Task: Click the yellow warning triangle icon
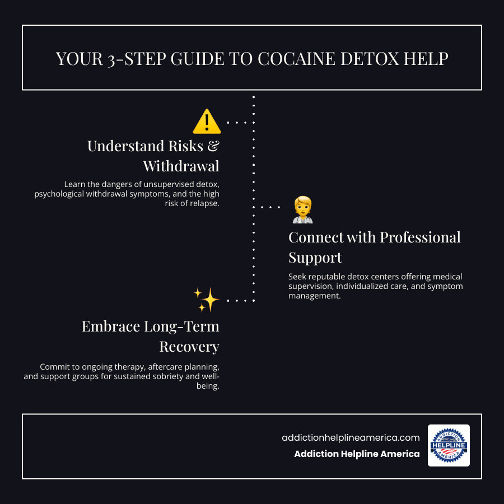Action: tap(206, 122)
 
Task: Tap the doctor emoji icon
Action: tap(302, 209)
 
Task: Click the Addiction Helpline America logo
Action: tap(449, 445)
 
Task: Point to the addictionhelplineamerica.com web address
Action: tap(351, 438)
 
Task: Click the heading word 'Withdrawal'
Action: tap(181, 166)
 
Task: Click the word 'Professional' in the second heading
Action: tap(421, 237)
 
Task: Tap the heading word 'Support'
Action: tap(315, 257)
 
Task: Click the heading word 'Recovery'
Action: tap(189, 347)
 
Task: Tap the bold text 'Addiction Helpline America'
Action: tap(357, 454)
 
